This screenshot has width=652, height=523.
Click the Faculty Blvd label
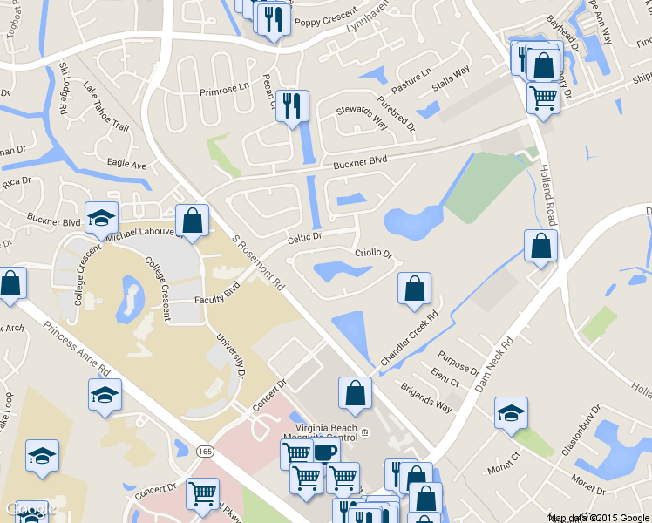(217, 295)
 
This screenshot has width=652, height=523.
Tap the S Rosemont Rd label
(260, 262)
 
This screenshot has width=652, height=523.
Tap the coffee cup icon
(325, 453)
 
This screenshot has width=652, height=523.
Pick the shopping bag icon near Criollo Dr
(415, 289)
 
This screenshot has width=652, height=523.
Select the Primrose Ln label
(224, 90)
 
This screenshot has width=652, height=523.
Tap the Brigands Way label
(426, 397)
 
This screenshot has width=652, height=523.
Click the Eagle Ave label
(126, 164)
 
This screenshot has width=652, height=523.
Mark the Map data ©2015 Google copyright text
(598, 518)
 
